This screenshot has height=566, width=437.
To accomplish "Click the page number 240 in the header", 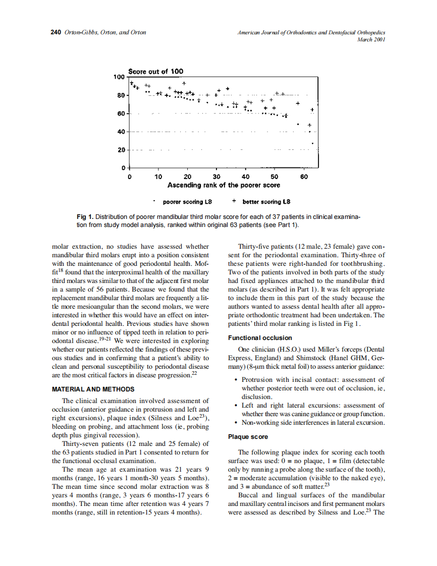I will tap(56, 32).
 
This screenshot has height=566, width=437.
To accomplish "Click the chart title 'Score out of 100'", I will tap(156, 72).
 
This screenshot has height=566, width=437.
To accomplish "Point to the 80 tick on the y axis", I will tap(121, 95).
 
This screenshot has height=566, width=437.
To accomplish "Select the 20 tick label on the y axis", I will tap(121, 150).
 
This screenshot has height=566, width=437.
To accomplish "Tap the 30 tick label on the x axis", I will tap(216, 177).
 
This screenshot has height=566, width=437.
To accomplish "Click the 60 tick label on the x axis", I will tap(304, 177).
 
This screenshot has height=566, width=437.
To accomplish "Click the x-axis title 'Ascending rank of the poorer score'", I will tap(224, 185).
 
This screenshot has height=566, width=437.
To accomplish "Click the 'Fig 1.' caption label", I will tap(85, 216).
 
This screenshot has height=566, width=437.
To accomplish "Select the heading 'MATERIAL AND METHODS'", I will tap(93, 389).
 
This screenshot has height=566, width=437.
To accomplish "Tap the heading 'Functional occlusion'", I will tap(260, 338).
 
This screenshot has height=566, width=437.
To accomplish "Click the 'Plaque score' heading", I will tap(248, 437).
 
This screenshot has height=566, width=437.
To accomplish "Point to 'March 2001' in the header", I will tap(371, 39).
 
